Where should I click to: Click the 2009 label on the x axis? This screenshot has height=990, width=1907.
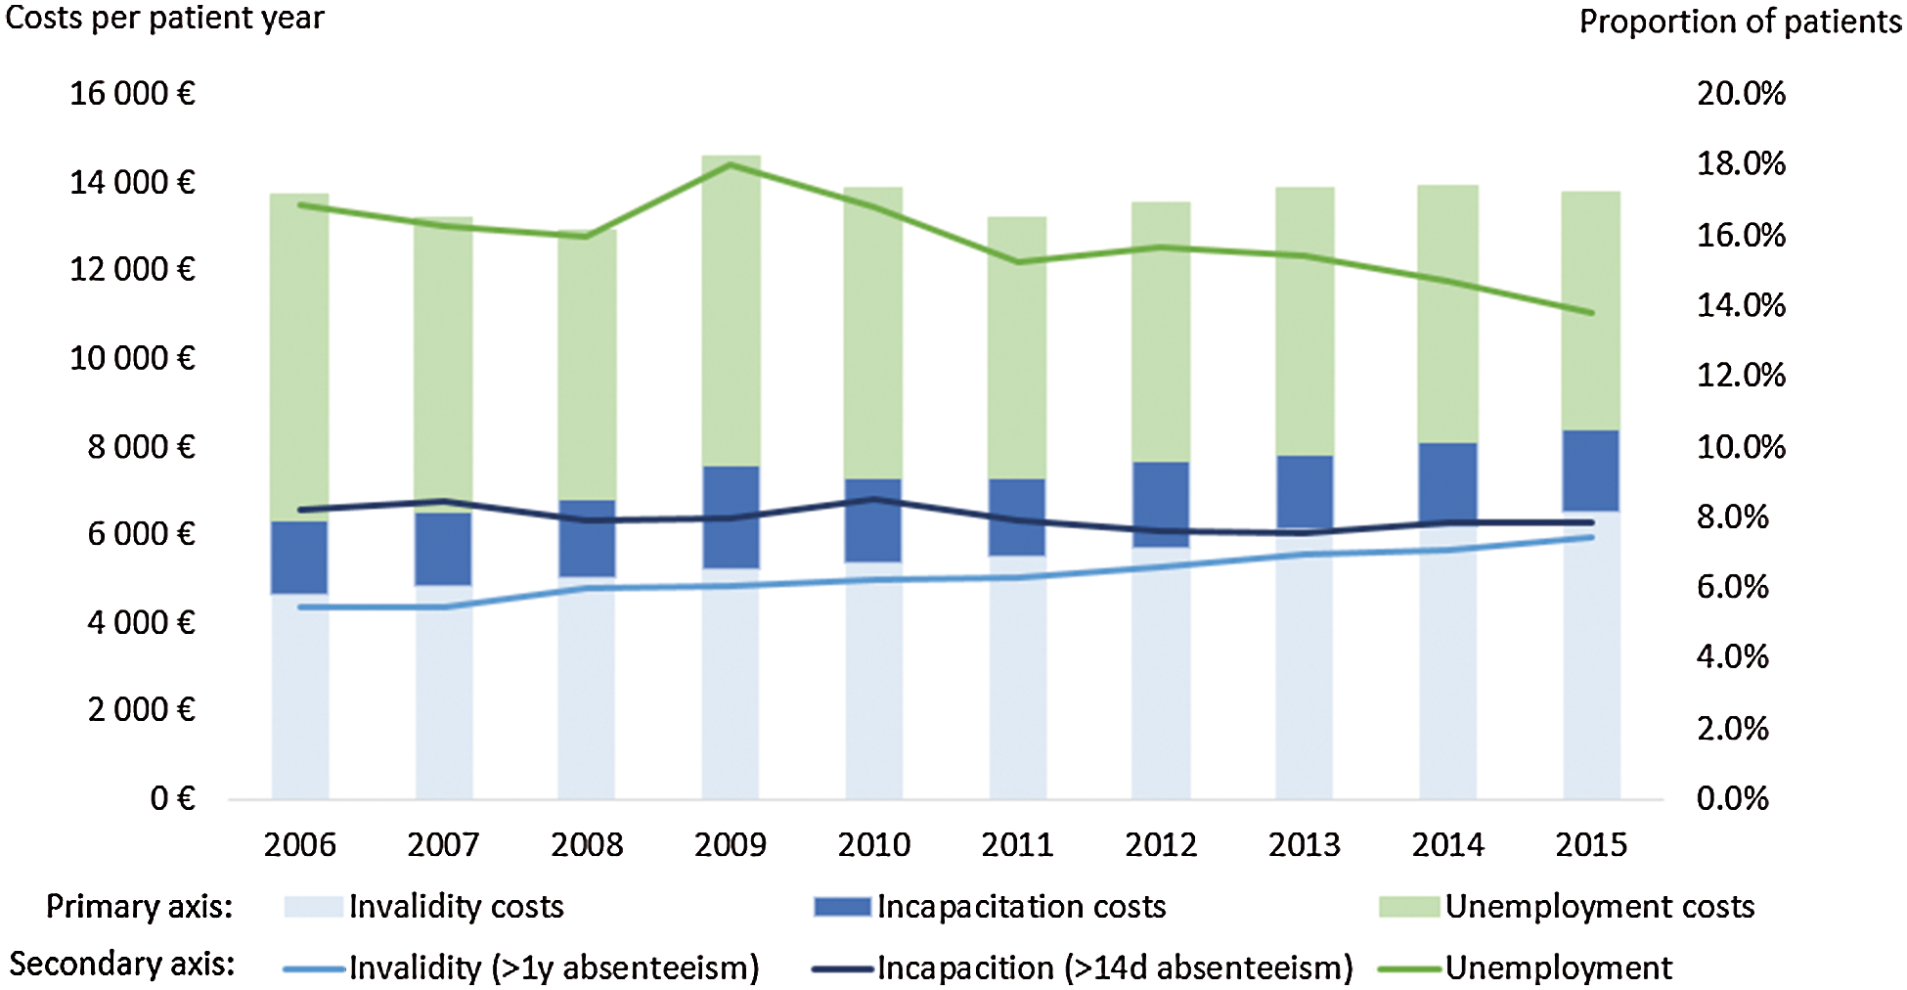tap(730, 844)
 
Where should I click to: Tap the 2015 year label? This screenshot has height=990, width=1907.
tap(1591, 844)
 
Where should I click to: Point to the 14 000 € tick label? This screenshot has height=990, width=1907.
tap(132, 182)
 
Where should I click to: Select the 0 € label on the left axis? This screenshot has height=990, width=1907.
tap(173, 798)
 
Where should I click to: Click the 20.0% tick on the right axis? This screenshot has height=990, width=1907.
tap(1741, 94)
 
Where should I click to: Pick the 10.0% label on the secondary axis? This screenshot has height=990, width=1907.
tap(1741, 447)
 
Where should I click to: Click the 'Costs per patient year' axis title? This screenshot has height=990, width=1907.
tap(164, 18)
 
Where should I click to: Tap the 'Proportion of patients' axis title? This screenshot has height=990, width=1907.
tap(1740, 22)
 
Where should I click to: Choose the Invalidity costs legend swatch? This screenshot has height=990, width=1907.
tap(314, 907)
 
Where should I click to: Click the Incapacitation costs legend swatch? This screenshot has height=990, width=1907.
tap(842, 907)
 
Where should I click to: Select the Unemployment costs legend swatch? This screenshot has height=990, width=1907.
tap(1409, 907)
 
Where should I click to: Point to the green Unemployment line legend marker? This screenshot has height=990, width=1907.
tap(1409, 969)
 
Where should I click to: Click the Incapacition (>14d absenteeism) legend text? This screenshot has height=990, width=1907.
tap(1115, 967)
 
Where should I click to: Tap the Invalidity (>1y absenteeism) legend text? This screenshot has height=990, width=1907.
tap(554, 967)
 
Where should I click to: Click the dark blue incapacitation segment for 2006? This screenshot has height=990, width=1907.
tap(299, 558)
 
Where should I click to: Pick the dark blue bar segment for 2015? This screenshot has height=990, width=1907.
tap(1591, 471)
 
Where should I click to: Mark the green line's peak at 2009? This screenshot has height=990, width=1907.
tap(731, 164)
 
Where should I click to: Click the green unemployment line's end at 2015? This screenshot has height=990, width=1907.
tap(1591, 313)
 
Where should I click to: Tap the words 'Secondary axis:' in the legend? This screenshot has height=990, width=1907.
tap(122, 965)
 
